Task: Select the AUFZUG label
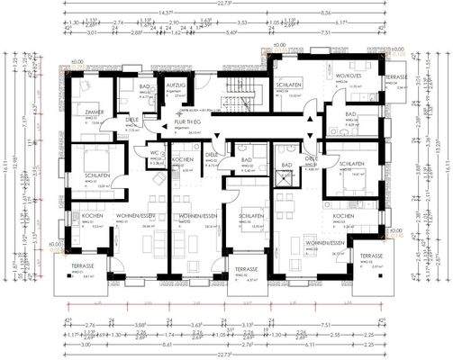pyautogui.click(x=175, y=83)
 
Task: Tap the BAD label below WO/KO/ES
pyautogui.click(x=350, y=114)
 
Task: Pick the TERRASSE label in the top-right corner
pyautogui.click(x=396, y=78)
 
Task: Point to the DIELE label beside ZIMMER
pyautogui.click(x=131, y=120)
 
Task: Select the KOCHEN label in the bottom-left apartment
pyautogui.click(x=92, y=217)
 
